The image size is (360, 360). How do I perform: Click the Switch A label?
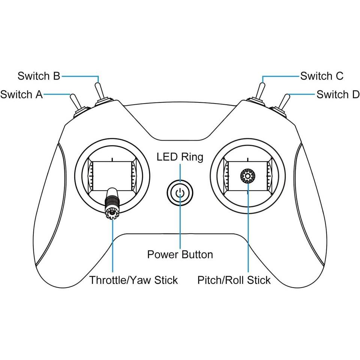click(x=21, y=94)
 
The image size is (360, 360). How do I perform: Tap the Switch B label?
click(x=39, y=76)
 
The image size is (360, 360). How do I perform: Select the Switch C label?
click(x=322, y=76)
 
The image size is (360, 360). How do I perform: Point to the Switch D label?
click(x=338, y=94)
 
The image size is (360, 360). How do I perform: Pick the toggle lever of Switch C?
click(x=260, y=90)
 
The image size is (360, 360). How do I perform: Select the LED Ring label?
click(x=180, y=156)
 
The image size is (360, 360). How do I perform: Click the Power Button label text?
click(x=180, y=255)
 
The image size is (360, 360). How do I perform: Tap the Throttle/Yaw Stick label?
click(x=133, y=280)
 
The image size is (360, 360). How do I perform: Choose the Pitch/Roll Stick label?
click(x=234, y=280)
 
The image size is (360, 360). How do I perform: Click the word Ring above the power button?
click(x=192, y=157)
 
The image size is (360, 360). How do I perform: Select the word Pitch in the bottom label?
click(x=209, y=280)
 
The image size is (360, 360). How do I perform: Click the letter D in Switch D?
click(x=355, y=94)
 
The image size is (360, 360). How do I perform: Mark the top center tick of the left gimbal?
click(x=112, y=159)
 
